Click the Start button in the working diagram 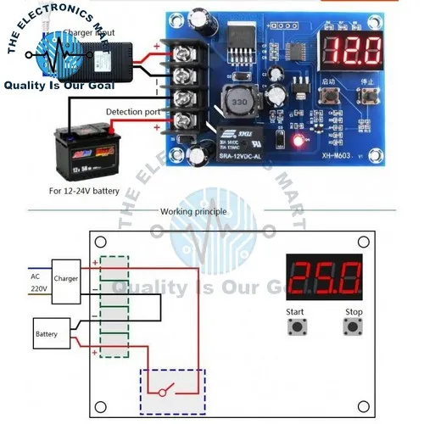pyautogui.click(x=297, y=327)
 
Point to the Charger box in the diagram pyautogui.click(x=65, y=276)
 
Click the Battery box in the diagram pyautogui.click(x=47, y=334)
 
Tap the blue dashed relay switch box pyautogui.click(x=173, y=392)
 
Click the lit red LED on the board pyautogui.click(x=298, y=140)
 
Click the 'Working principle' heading pyautogui.click(x=188, y=211)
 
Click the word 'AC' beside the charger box pyautogui.click(x=35, y=276)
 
